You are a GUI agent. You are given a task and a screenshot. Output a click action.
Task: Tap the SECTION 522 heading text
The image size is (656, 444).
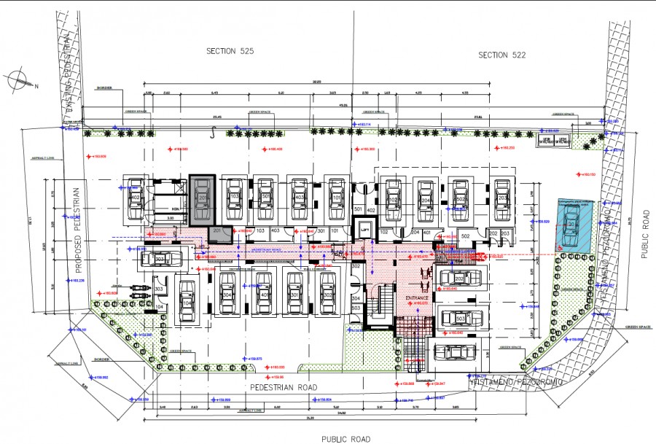(x=502, y=55)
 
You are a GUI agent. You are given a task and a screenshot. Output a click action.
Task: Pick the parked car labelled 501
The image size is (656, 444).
(x=267, y=198)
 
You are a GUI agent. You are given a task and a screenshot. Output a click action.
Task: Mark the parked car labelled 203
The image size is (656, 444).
(x=502, y=198)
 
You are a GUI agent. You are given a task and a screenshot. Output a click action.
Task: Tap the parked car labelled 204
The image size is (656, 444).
(x=426, y=198)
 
